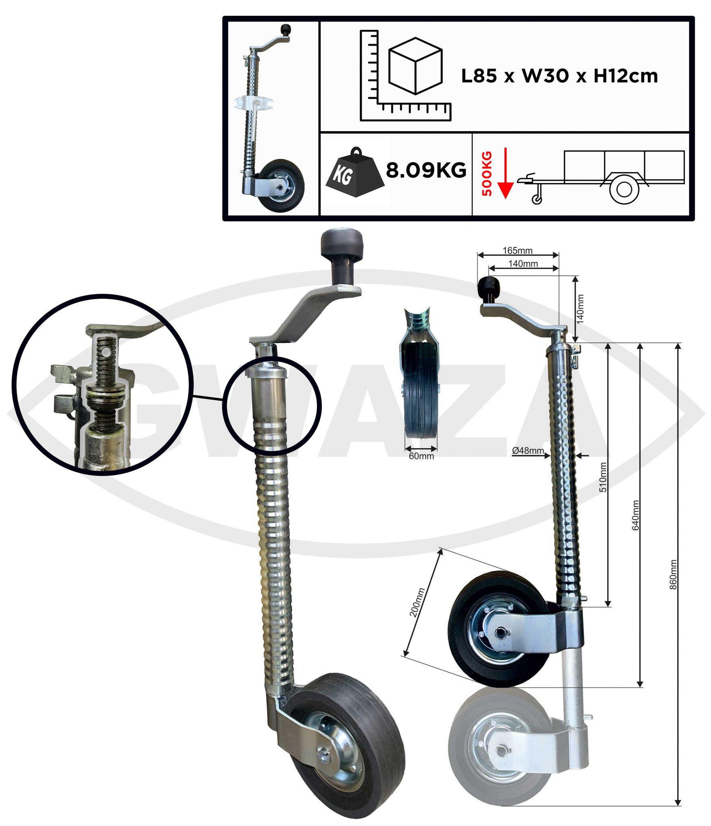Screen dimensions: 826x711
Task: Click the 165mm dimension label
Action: click(x=517, y=250)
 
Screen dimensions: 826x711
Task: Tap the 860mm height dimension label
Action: click(x=673, y=575)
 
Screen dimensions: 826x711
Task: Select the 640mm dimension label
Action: click(x=636, y=515)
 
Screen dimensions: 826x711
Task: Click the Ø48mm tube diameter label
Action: click(x=528, y=451)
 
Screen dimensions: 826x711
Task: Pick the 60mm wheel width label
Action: click(x=421, y=456)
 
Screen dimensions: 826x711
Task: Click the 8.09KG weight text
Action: click(x=426, y=171)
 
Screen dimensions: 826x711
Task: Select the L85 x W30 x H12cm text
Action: click(x=559, y=76)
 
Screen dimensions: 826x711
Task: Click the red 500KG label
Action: click(x=487, y=173)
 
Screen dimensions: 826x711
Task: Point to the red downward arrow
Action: click(x=505, y=173)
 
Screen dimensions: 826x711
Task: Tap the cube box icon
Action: click(x=415, y=66)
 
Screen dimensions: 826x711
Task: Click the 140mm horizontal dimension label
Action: click(x=523, y=264)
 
